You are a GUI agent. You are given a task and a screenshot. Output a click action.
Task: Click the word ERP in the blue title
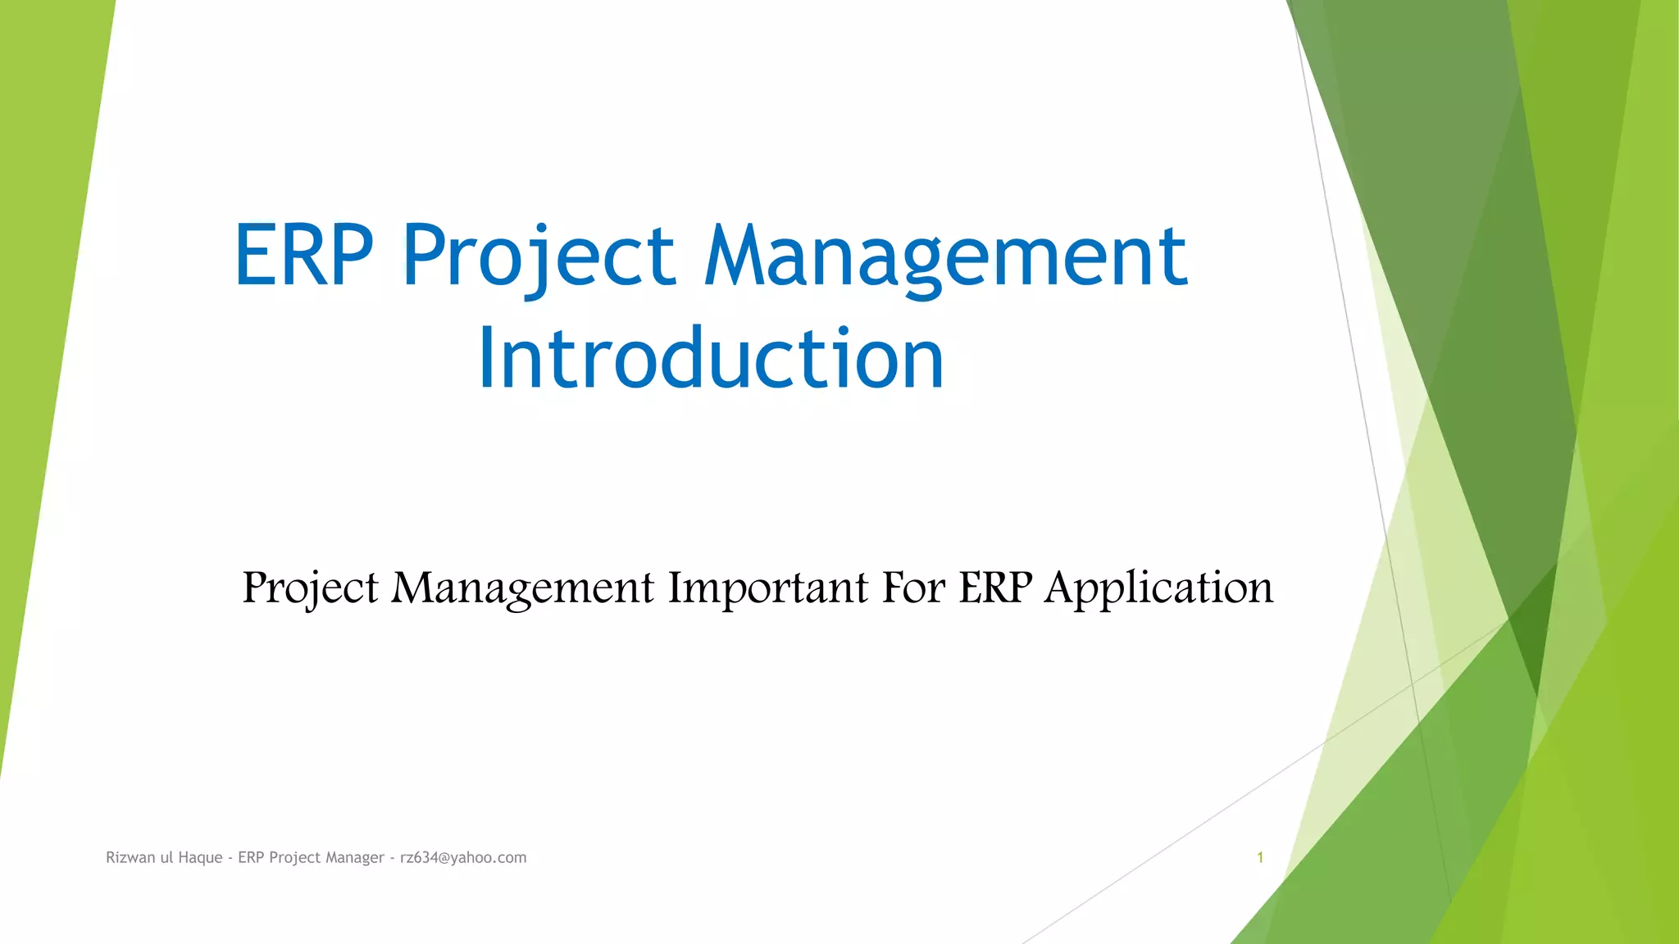(304, 256)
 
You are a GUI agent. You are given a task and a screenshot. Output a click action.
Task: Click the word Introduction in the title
(711, 358)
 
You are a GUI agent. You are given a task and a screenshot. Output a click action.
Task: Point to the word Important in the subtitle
(767, 588)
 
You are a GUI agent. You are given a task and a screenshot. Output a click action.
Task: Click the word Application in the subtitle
(1158, 588)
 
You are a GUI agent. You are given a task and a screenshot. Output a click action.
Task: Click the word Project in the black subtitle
(310, 588)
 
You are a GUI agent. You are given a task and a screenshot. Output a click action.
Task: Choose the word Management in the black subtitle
(522, 588)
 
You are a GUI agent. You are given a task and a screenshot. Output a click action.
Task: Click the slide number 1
(1260, 857)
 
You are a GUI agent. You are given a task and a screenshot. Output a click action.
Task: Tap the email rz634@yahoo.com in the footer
(463, 857)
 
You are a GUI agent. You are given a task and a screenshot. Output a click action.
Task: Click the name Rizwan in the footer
(130, 857)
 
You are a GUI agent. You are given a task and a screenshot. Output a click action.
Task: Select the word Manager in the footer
(354, 857)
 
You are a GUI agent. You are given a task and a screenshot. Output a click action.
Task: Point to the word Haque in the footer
(200, 857)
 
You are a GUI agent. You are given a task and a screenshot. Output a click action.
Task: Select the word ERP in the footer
(251, 857)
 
